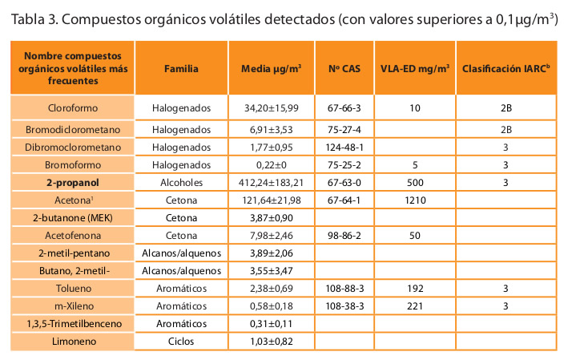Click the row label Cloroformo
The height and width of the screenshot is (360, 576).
(x=74, y=107)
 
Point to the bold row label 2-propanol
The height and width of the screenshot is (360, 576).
(x=74, y=183)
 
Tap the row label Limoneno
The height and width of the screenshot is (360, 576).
(x=74, y=342)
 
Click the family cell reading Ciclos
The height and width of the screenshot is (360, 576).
(x=181, y=342)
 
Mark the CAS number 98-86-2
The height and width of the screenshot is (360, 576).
(x=345, y=235)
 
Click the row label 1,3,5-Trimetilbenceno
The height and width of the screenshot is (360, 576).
(x=74, y=323)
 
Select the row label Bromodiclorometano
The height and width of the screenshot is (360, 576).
(x=74, y=129)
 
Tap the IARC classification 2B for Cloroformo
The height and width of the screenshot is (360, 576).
(x=506, y=107)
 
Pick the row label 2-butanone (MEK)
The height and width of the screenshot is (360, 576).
(x=74, y=217)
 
